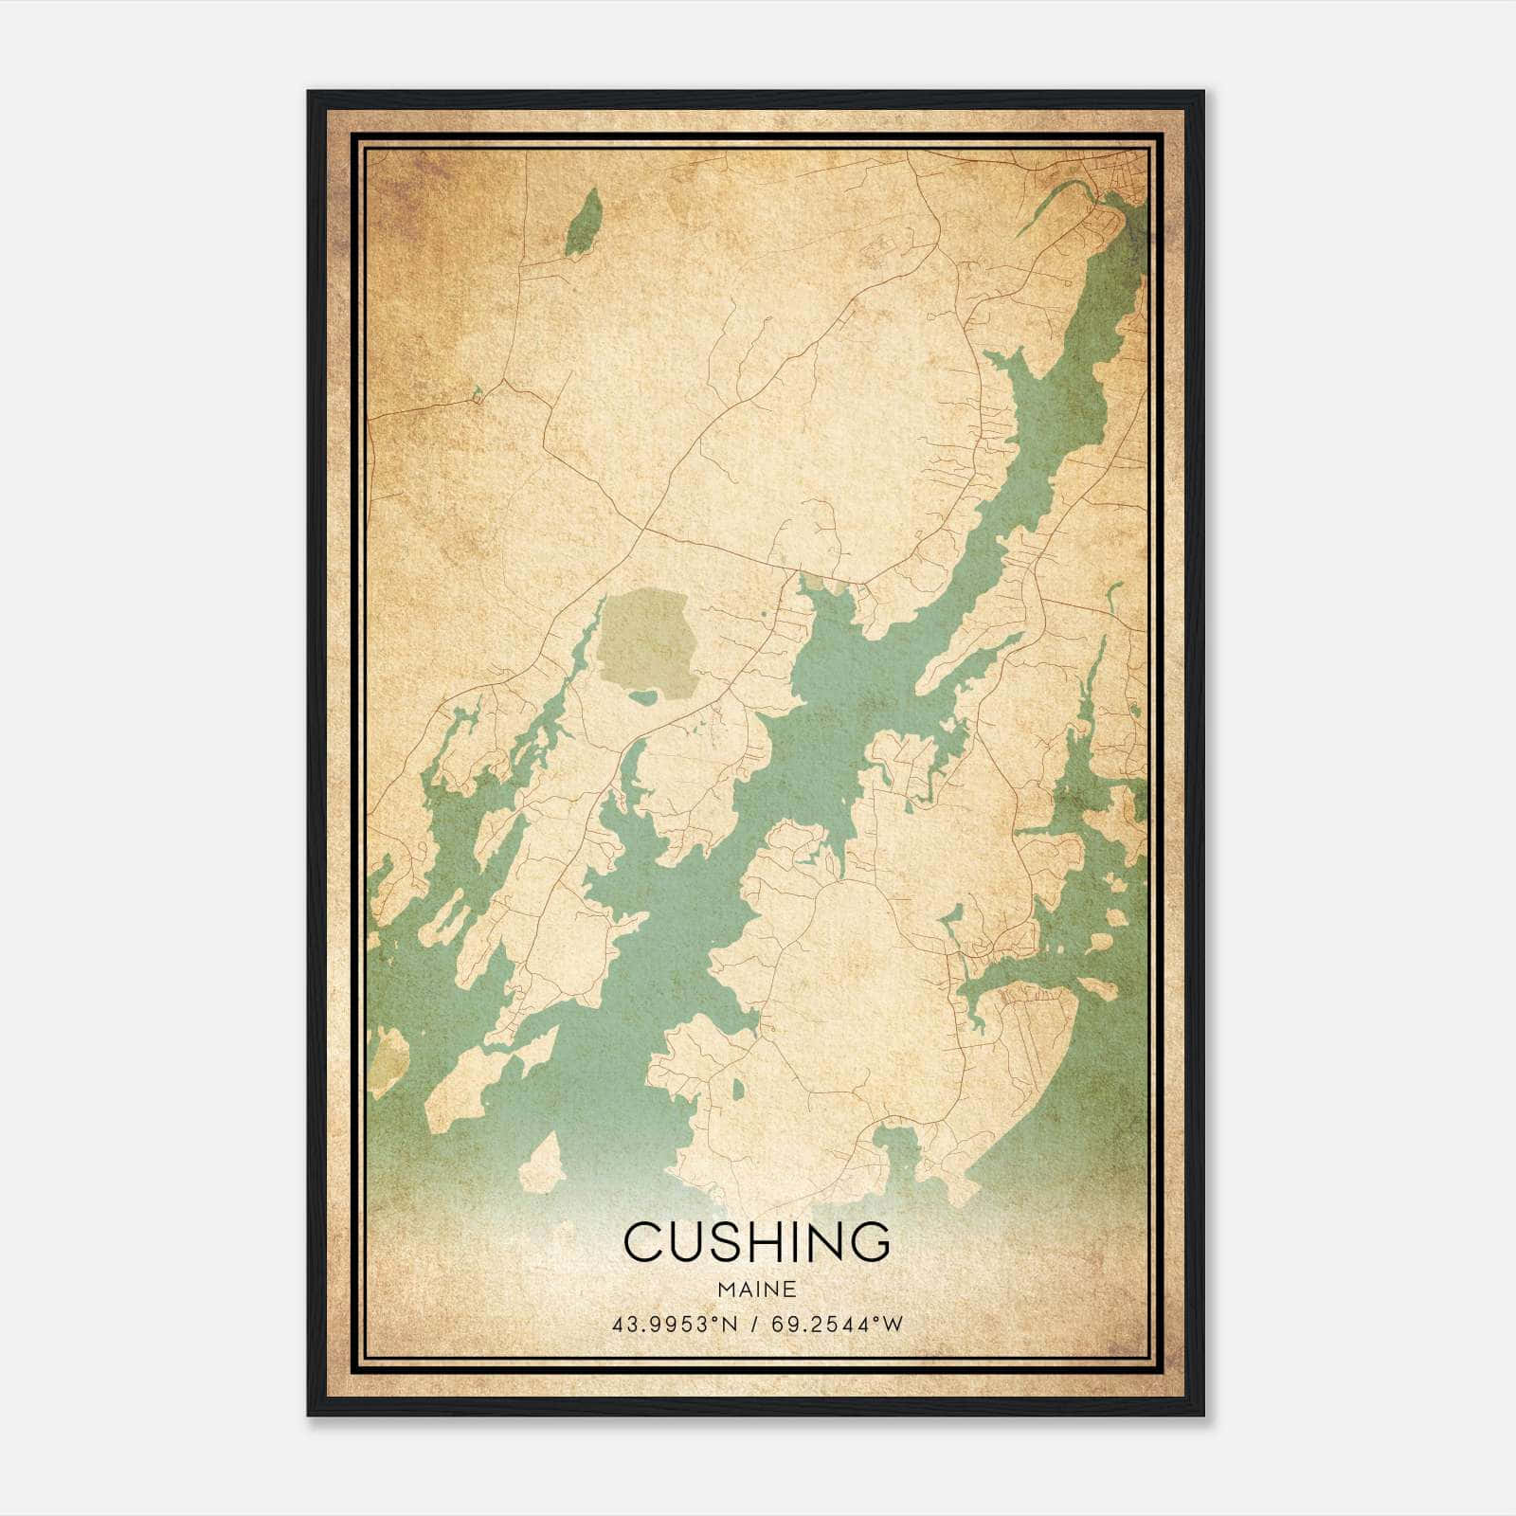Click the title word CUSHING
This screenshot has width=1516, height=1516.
pyautogui.click(x=756, y=1241)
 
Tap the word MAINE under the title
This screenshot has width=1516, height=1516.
pyautogui.click(x=756, y=1289)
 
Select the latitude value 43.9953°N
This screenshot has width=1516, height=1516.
pyautogui.click(x=674, y=1325)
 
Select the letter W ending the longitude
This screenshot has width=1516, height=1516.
pyautogui.click(x=893, y=1325)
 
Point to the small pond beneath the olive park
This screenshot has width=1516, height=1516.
pyautogui.click(x=643, y=698)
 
